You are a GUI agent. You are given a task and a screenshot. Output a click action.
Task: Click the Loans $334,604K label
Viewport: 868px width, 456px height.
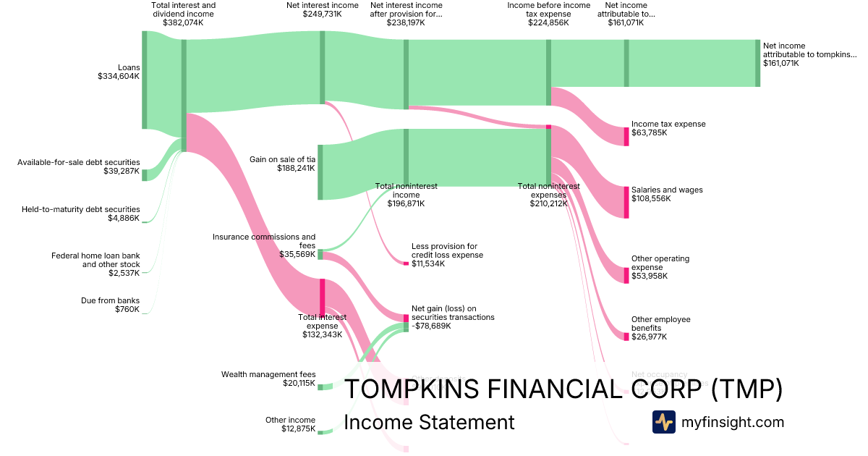119,72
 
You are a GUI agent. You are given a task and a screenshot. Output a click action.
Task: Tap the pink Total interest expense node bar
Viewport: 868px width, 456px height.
322,297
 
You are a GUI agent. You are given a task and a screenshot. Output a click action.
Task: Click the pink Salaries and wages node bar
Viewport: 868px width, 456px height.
626,202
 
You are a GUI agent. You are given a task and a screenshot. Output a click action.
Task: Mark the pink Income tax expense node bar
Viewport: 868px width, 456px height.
626,136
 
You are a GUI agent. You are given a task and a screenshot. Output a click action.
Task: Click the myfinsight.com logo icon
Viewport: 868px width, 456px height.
664,422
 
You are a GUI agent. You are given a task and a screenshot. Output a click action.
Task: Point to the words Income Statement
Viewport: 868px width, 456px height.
429,423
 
